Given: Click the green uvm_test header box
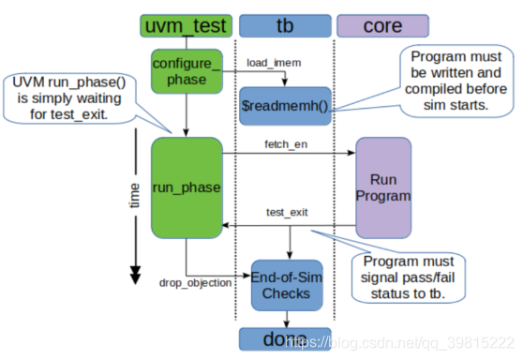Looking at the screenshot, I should click(186, 25).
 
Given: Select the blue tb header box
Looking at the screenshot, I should click(285, 25).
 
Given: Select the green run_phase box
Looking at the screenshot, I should click(185, 187).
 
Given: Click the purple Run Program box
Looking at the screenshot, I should click(382, 187).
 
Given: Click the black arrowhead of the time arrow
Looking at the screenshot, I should click(135, 274).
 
